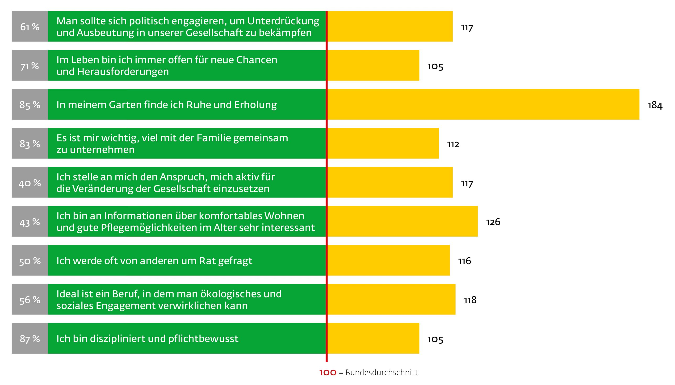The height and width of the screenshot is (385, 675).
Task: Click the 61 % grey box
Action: tap(30, 26)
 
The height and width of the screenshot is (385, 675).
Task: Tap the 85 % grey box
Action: tap(30, 105)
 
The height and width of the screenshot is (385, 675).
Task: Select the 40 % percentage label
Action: tap(30, 183)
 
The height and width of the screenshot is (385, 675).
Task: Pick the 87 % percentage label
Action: tap(30, 339)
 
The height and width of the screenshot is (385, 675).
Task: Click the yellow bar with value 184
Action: tap(483, 105)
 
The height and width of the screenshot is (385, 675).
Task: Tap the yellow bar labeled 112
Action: tap(383, 143)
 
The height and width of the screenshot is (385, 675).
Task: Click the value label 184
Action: tap(655, 105)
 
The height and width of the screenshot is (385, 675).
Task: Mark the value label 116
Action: tap(465, 261)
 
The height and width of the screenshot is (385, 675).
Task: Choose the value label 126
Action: tap(493, 222)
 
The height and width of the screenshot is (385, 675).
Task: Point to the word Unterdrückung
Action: tap(283, 21)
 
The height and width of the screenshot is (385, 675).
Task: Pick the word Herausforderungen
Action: tap(123, 72)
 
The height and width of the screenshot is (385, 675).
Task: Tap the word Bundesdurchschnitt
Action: tap(382, 372)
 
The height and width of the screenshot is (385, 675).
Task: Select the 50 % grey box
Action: tap(30, 260)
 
